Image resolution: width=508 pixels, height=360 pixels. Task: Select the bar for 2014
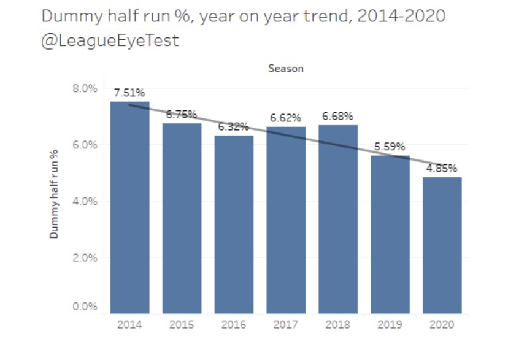tap(129, 209)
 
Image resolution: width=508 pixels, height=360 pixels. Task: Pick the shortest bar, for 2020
tap(442, 245)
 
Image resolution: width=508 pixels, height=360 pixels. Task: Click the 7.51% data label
tap(129, 93)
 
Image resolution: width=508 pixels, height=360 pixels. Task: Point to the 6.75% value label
tap(181, 114)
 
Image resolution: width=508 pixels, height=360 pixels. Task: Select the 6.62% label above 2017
tap(285, 118)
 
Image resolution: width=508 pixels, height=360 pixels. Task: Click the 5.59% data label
tap(390, 147)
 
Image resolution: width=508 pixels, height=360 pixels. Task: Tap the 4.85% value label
tap(442, 168)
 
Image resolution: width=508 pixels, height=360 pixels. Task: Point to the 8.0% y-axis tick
tap(85, 88)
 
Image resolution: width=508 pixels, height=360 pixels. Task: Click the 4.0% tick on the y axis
tap(85, 201)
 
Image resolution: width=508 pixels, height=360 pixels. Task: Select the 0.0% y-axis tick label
tap(85, 307)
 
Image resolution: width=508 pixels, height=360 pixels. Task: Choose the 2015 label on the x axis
tap(182, 325)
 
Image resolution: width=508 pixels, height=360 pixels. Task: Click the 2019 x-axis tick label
tap(390, 325)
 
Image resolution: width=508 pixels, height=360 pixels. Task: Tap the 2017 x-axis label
tap(285, 325)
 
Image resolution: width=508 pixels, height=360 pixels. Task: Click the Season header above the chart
tap(286, 69)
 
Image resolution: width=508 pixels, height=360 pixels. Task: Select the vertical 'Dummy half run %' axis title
tap(54, 194)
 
